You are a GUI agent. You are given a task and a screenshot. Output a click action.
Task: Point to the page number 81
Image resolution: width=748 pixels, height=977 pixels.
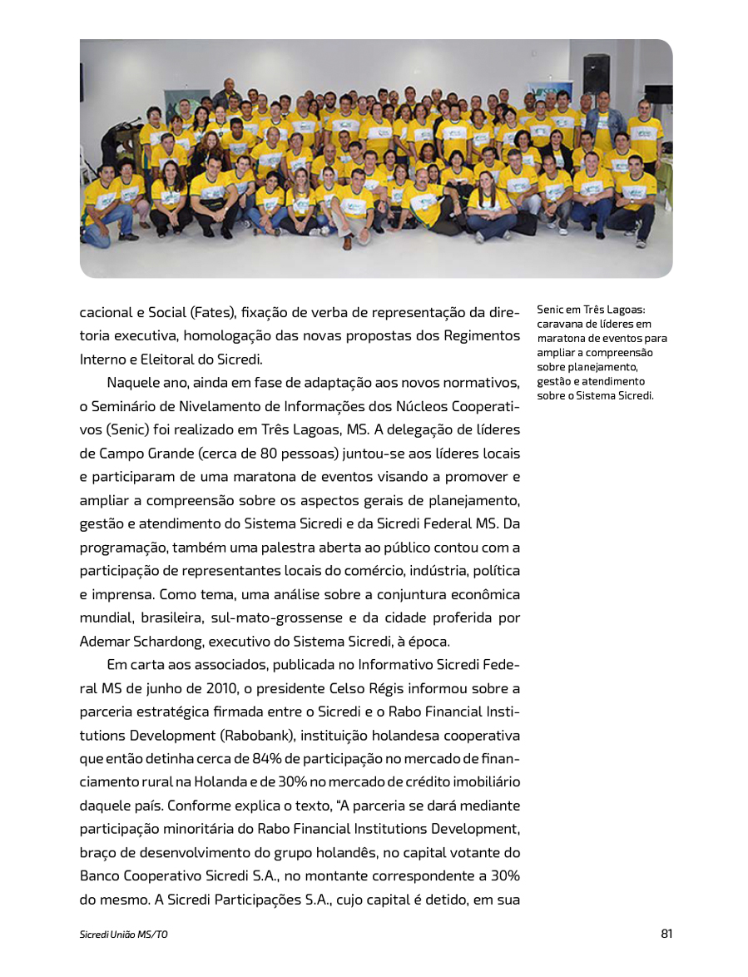click(x=666, y=934)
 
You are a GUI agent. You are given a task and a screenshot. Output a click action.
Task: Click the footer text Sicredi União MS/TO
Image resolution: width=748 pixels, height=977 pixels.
click(x=124, y=935)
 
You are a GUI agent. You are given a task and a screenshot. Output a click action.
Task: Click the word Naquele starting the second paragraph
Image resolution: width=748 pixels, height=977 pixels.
click(x=134, y=383)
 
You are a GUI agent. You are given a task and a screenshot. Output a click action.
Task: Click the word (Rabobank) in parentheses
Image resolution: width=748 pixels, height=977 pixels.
click(x=258, y=736)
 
